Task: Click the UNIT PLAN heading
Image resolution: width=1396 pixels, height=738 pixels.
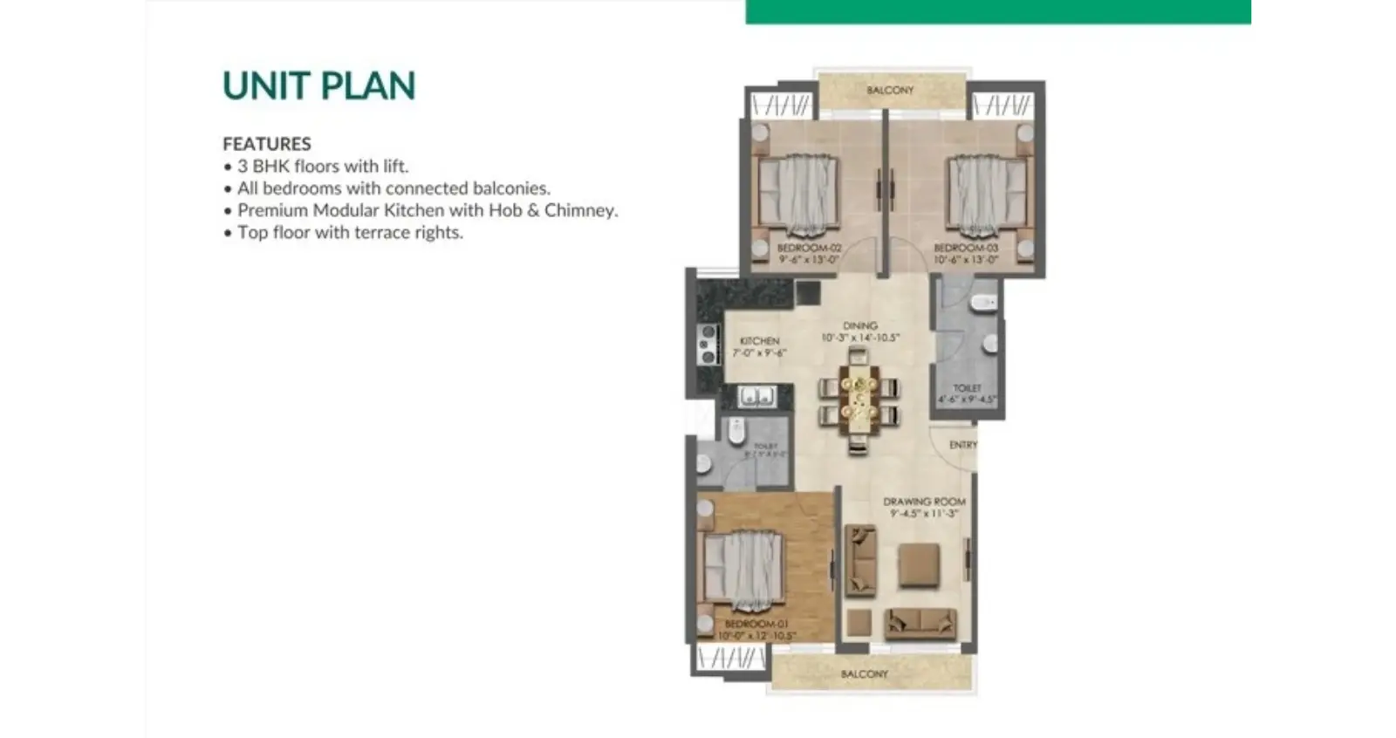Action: (318, 85)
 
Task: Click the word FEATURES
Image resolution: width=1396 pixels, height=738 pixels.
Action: (266, 143)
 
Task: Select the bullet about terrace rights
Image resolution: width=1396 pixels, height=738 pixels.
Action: (349, 232)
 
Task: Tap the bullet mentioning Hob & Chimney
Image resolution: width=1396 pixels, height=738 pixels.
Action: (427, 210)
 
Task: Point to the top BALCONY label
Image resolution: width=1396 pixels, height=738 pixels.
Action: (890, 90)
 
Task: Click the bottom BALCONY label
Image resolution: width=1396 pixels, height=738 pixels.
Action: (864, 673)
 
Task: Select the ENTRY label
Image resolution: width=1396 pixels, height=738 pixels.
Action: (962, 444)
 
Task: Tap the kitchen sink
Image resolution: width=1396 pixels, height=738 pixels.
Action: (756, 397)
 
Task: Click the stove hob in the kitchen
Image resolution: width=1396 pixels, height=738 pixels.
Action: (708, 344)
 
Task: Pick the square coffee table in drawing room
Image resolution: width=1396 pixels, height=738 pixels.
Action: (919, 564)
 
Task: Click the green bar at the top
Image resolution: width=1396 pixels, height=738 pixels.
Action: (997, 11)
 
